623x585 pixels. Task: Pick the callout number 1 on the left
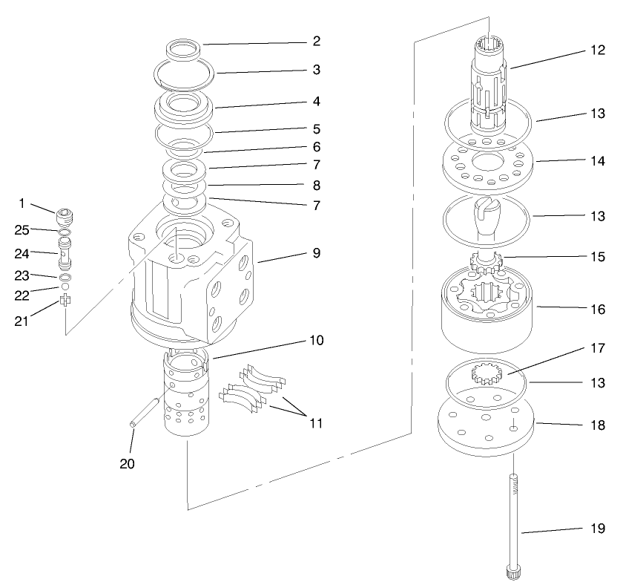[22, 203]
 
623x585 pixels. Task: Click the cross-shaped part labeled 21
[65, 300]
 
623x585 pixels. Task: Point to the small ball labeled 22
[65, 285]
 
